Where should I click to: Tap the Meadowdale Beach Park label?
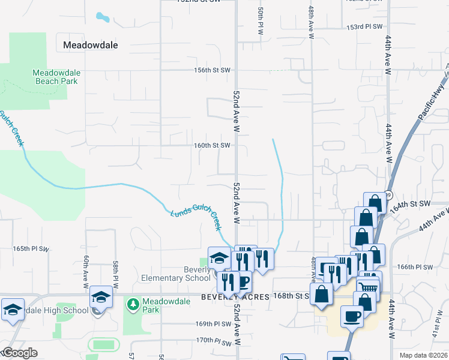[x=56, y=77]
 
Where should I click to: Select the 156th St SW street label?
[x=212, y=70]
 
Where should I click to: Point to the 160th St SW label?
[x=212, y=145]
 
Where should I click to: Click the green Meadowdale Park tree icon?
[x=133, y=304]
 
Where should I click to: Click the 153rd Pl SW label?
[x=365, y=27]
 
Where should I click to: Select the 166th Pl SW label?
[x=415, y=266]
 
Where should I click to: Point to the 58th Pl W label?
[x=115, y=272]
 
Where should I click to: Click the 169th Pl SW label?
[x=213, y=323]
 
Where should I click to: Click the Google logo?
[x=19, y=353]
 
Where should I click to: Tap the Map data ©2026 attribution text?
[x=423, y=355]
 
